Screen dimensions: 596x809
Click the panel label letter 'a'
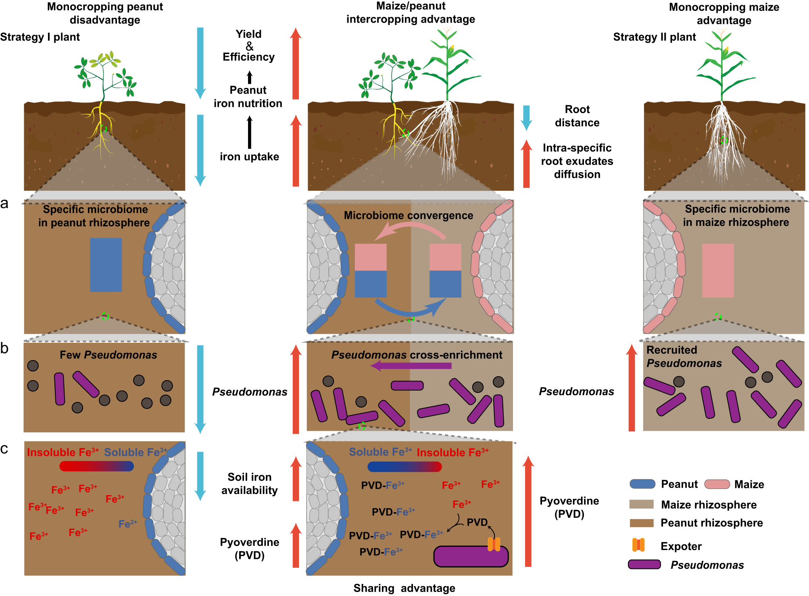4,204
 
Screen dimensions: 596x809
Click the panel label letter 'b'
4,348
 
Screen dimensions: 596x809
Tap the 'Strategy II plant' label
654,37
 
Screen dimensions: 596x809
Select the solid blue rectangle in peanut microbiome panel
106,265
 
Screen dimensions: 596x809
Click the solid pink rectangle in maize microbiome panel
717,271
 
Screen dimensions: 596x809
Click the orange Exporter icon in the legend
638,545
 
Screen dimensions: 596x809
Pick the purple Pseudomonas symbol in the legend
644,565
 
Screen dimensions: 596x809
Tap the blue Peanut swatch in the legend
642,484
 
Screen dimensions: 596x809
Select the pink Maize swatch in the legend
717,484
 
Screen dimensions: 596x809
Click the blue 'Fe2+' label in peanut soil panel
127,524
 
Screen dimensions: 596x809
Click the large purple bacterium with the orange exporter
470,557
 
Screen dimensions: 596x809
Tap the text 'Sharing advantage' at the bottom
404,588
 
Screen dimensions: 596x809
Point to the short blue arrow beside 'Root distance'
526,117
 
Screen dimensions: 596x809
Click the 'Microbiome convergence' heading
408,216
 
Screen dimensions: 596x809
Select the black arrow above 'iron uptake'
250,132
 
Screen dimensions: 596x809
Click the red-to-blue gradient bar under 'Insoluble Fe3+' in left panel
96,466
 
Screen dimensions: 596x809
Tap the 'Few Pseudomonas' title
108,355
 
